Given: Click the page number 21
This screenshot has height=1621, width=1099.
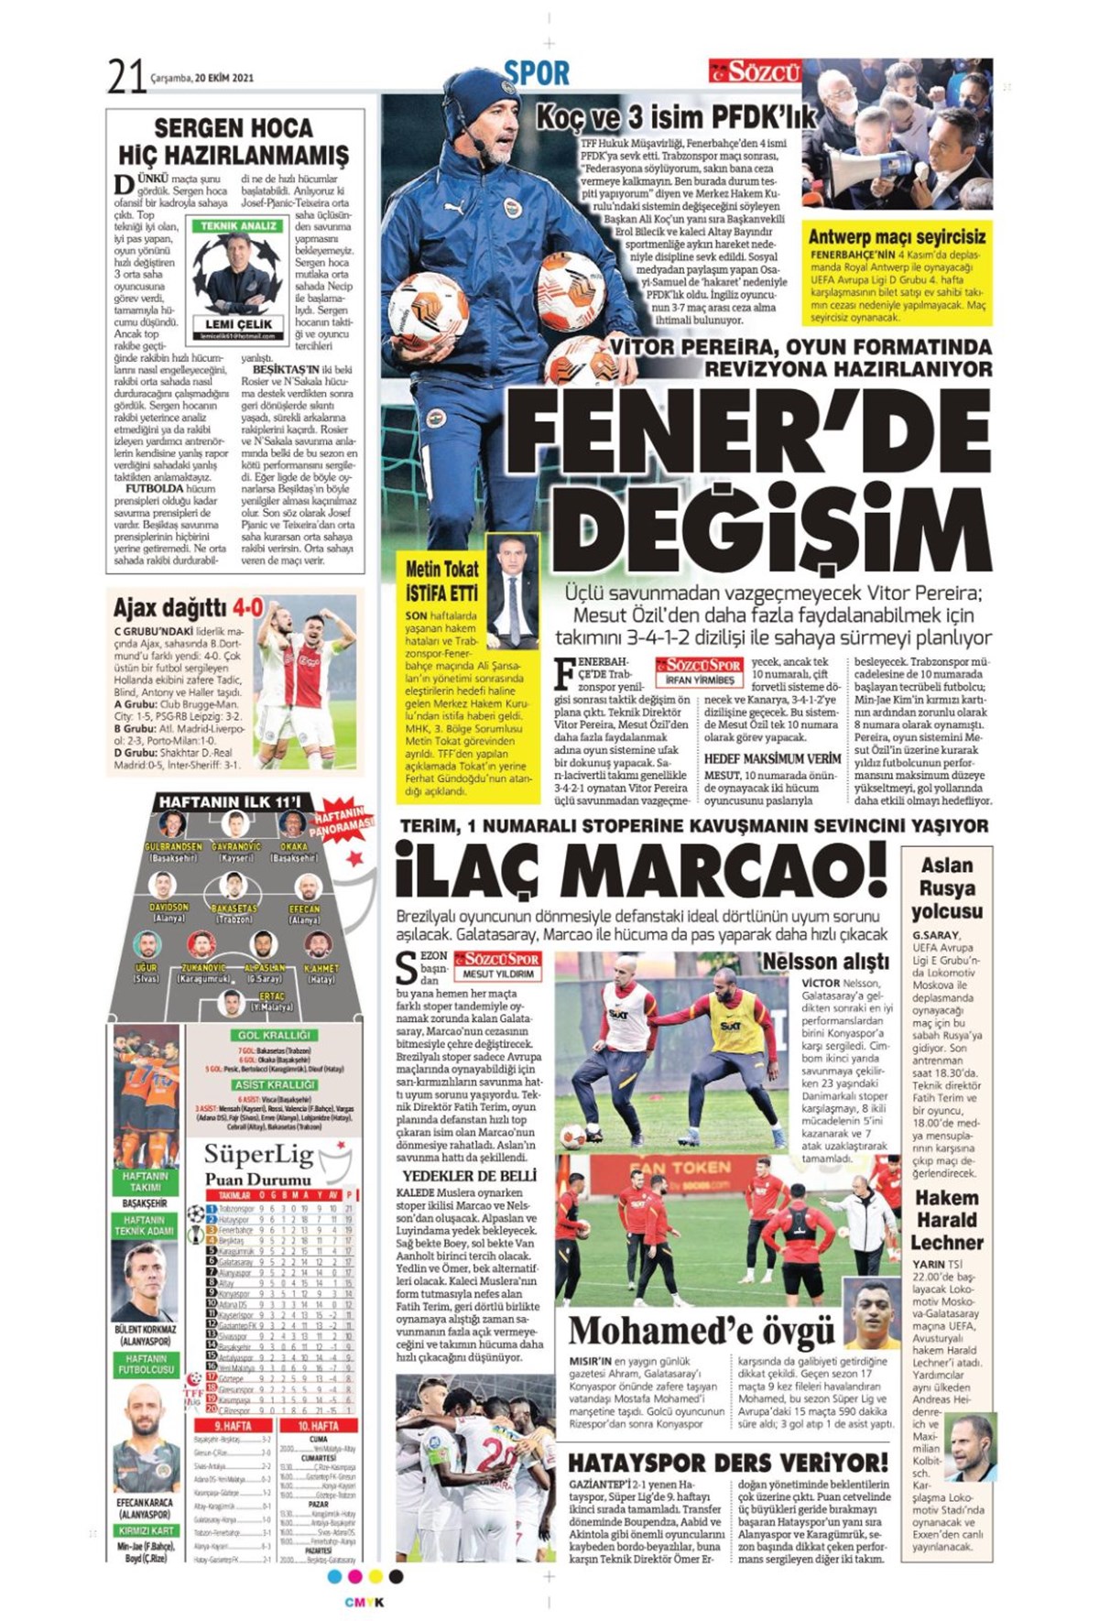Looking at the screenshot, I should [127, 76].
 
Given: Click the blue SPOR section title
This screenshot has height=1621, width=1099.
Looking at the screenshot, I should [537, 72].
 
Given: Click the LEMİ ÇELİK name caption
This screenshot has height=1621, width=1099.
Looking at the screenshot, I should [239, 324].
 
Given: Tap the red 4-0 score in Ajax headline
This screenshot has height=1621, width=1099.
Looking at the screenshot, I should [247, 607].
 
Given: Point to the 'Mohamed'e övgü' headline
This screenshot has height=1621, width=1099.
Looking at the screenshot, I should [702, 1331].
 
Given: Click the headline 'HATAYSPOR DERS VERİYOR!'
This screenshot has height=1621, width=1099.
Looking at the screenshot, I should [728, 1463].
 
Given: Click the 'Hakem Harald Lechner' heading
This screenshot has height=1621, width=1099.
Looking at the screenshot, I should [947, 1220].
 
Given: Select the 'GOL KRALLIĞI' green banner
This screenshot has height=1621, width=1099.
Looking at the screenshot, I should [275, 1036].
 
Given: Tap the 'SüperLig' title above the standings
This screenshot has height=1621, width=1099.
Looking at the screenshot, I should [257, 1156].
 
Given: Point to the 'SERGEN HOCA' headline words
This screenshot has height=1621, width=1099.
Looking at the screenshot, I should [234, 127].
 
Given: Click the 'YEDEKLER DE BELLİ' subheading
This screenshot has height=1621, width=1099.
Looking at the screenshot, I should [469, 1175].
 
